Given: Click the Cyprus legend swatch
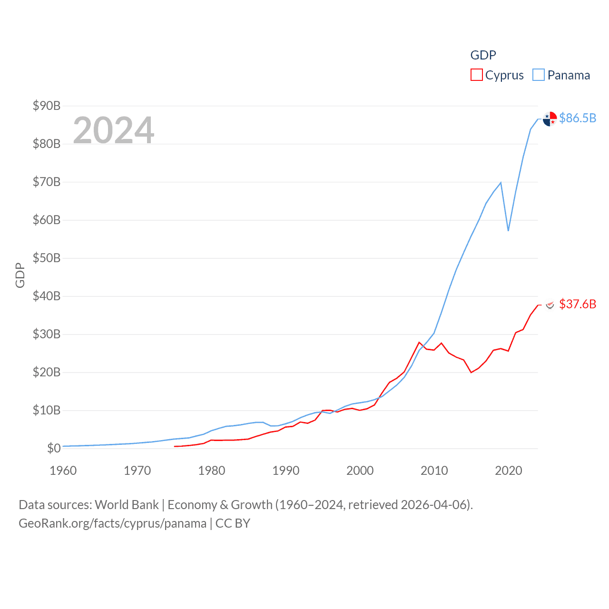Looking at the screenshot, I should click(x=476, y=75).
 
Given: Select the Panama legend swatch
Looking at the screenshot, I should click(x=538, y=75).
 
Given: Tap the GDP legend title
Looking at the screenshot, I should click(x=483, y=55).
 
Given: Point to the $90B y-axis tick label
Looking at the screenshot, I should click(x=47, y=106).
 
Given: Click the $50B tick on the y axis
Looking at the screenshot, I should click(x=47, y=258).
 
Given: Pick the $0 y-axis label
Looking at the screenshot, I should click(x=54, y=448).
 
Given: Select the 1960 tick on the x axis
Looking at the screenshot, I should click(x=63, y=471).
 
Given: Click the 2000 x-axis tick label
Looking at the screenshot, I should click(x=360, y=471).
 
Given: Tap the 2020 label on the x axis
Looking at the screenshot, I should click(x=508, y=471).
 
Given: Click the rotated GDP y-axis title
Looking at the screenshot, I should click(x=20, y=275).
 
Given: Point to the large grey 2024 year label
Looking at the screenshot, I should click(x=114, y=130).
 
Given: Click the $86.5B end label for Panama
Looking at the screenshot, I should click(x=578, y=118).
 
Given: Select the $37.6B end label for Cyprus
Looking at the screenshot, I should click(x=578, y=304).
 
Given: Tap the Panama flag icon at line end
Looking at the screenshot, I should click(x=550, y=119).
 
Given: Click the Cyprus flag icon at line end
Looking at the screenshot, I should click(x=550, y=304).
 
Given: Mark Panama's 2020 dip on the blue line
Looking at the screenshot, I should click(x=508, y=231).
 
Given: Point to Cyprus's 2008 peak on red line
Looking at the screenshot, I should click(x=419, y=343).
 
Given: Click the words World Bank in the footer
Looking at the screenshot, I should click(x=127, y=505).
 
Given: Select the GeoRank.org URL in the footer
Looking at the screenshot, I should click(x=112, y=523).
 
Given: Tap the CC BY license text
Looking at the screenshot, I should click(x=233, y=523).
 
